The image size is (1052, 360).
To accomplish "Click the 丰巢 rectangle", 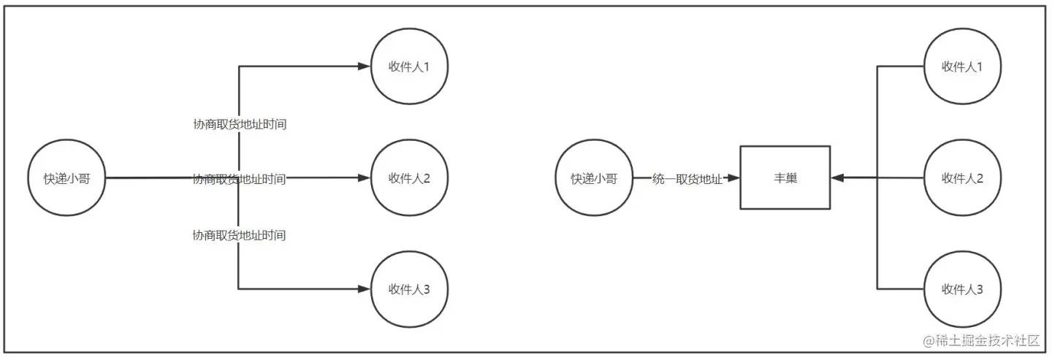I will click(785, 177).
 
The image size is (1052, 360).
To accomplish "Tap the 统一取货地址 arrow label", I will click(687, 178).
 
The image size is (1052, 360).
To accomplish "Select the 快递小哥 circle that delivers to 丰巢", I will click(593, 177).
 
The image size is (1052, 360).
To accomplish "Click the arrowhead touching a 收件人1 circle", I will click(365, 66).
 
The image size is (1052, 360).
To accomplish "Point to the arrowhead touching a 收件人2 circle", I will click(365, 177).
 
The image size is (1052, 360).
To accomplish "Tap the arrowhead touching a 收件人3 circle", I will click(365, 289).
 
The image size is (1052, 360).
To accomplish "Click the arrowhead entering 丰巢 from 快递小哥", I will click(734, 178).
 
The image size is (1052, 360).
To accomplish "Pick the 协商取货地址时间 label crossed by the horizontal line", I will click(239, 179).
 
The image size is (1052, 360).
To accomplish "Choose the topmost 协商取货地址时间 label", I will click(239, 125).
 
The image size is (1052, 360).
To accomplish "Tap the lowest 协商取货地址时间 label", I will click(239, 235).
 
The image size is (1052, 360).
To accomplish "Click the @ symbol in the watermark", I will click(929, 341).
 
